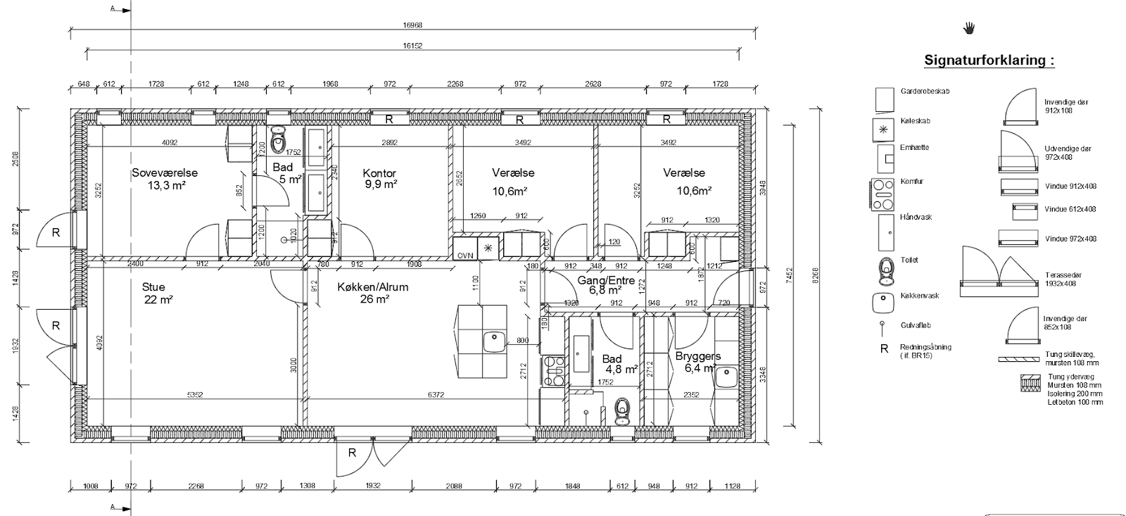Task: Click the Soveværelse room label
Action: [165, 173]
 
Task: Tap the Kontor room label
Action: [379, 174]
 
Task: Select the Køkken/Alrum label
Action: [372, 287]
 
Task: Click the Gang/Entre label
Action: [606, 281]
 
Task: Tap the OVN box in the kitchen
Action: [464, 255]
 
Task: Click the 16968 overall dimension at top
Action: [413, 25]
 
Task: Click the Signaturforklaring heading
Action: [989, 61]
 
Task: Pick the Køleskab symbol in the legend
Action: [883, 130]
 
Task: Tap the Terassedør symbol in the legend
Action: [999, 272]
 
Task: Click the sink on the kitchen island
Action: [493, 341]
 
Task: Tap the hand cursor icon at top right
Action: [969, 28]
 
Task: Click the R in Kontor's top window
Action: [388, 119]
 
